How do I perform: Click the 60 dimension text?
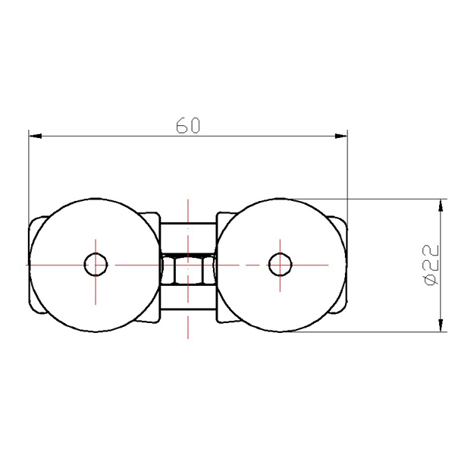(188, 125)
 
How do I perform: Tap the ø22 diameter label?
(431, 265)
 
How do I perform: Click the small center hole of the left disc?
(96, 265)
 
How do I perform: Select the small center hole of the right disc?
(280, 265)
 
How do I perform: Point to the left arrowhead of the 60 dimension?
(35, 136)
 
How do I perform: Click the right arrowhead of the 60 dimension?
(341, 136)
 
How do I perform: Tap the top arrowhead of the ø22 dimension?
(441, 206)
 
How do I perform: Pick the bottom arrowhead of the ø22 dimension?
(441, 325)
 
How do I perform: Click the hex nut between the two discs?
(188, 269)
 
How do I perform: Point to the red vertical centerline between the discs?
(188, 268)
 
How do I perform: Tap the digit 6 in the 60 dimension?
(182, 125)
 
